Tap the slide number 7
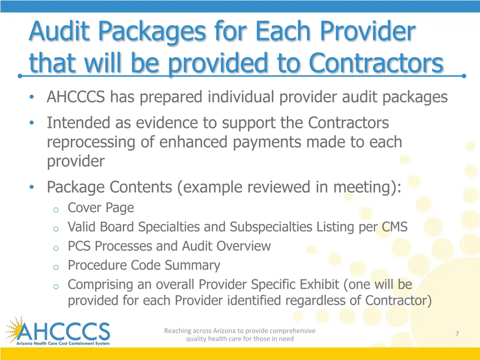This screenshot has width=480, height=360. (457, 334)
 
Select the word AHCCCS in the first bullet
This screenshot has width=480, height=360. (76, 97)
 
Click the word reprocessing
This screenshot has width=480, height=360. (91, 142)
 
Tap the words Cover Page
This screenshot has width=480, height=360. (101, 208)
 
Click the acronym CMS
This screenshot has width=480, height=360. (394, 227)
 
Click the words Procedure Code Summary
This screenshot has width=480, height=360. (144, 265)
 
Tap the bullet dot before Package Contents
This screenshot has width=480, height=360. (31, 187)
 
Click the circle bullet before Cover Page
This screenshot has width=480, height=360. (55, 209)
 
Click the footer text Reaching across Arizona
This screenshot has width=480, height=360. (240, 331)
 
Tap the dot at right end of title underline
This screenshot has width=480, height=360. (464, 75)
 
